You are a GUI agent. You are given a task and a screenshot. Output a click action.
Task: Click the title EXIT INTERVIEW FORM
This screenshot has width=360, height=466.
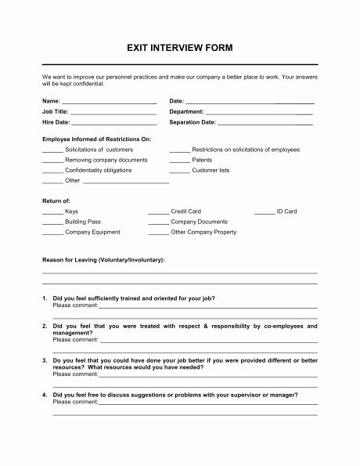point(179,48)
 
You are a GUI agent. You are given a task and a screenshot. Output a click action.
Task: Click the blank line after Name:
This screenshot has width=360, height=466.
point(109,103)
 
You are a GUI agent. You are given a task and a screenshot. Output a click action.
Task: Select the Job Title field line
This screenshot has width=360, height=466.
point(113,113)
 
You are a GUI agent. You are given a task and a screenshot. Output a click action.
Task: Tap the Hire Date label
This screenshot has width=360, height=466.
point(56,123)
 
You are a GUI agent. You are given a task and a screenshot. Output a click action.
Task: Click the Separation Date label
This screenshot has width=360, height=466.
point(192,123)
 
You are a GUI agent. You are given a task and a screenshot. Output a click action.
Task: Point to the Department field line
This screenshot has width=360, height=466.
point(260,113)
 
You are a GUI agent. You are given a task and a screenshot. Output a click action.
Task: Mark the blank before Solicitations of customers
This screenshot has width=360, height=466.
point(52,150)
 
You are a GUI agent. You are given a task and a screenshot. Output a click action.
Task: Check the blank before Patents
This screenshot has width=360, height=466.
point(179,161)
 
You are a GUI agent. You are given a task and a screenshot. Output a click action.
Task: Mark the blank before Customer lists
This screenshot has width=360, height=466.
point(179,171)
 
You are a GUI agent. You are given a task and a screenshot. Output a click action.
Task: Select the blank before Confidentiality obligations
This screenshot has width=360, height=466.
point(52,171)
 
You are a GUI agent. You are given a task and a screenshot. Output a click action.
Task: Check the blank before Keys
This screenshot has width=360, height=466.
point(52,212)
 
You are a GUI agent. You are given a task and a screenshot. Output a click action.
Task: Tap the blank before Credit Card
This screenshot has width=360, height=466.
point(158,212)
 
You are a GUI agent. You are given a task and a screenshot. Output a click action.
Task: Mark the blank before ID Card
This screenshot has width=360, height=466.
point(265,212)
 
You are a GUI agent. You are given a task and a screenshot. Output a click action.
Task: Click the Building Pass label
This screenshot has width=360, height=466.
point(83,222)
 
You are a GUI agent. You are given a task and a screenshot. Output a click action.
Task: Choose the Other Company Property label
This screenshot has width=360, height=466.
point(203,232)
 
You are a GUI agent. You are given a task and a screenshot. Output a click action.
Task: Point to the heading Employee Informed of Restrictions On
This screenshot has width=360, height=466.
point(96,139)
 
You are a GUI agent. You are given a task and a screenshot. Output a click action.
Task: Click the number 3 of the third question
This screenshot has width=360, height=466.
point(44,360)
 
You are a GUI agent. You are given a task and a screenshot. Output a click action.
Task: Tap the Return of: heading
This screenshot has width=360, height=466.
point(56,201)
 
